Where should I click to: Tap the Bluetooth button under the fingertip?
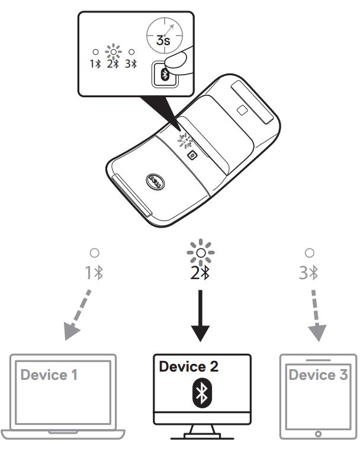164,75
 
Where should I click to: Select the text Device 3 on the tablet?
318,375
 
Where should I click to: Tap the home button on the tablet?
319,434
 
